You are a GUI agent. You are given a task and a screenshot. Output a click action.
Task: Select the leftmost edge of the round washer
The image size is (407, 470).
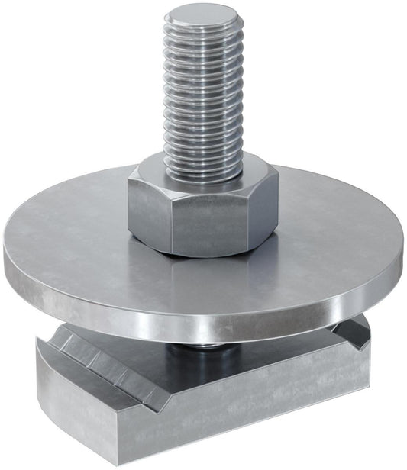click(6, 263)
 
